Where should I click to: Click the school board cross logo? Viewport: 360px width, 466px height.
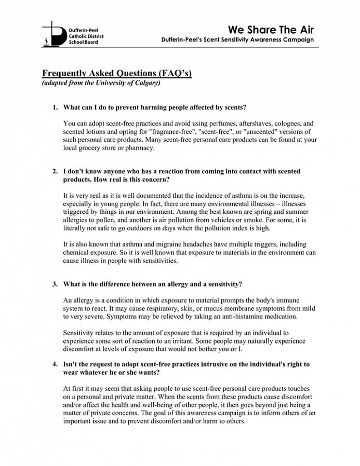tap(51, 34)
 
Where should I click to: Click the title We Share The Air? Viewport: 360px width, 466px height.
tap(271, 29)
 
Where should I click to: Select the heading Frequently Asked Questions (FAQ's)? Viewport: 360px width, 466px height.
tap(117, 73)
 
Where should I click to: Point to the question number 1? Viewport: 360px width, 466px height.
tap(54, 107)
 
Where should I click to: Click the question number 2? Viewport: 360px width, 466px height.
tap(54, 171)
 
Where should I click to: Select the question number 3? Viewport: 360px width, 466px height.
tap(54, 284)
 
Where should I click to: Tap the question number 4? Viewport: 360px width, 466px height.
tap(54, 364)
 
